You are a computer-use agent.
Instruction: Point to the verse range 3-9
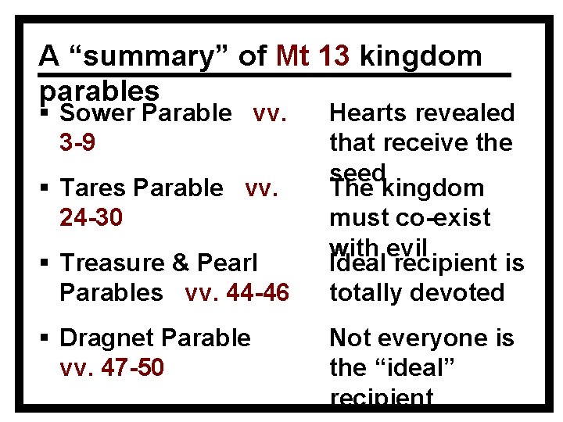click(77, 143)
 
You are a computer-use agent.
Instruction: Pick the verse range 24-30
click(91, 217)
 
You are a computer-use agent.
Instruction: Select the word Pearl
click(228, 263)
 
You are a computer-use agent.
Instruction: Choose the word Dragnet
click(107, 338)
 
